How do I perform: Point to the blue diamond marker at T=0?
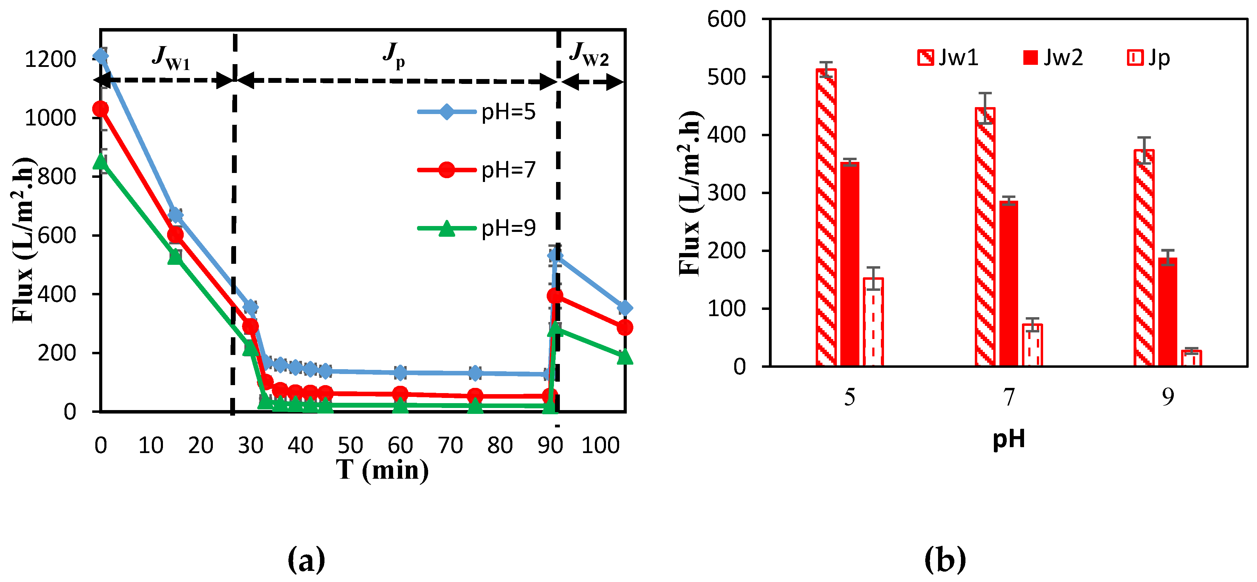point(101,55)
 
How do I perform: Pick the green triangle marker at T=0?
point(101,160)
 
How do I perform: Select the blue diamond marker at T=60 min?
point(400,373)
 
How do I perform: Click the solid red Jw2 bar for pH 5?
point(850,264)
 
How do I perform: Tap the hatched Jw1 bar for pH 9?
point(1143,258)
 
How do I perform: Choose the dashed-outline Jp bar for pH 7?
point(1032,345)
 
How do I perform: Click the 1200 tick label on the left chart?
point(50,60)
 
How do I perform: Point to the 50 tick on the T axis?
point(350,445)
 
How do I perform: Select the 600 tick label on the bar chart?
point(726,19)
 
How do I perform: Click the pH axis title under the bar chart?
point(1009,438)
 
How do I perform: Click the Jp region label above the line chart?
point(393,55)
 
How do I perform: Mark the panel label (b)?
point(945,559)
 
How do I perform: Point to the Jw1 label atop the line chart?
point(170,58)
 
